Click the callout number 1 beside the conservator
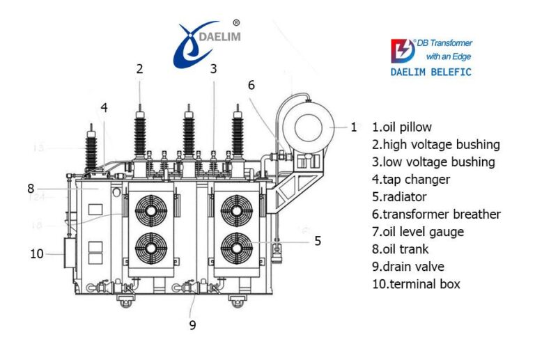(354, 127)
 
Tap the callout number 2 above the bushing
(140, 68)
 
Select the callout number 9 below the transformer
(193, 324)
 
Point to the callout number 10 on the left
(37, 253)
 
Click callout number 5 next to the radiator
(318, 241)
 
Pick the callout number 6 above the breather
(251, 85)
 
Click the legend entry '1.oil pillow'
(401, 127)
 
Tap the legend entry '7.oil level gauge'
(417, 231)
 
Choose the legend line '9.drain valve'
(408, 266)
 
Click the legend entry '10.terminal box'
(415, 283)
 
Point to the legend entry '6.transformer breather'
(435, 214)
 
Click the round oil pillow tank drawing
(307, 127)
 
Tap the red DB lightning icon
(401, 51)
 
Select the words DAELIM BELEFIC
(431, 72)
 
